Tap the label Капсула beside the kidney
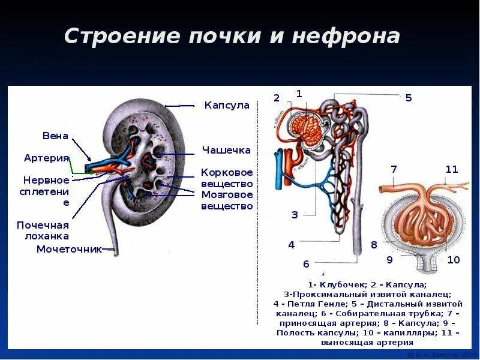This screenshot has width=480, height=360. (x=227, y=106)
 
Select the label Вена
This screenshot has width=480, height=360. (x=55, y=136)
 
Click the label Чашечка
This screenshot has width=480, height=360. (x=226, y=150)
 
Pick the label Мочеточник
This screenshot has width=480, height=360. (x=69, y=249)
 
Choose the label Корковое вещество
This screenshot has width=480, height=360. (x=227, y=178)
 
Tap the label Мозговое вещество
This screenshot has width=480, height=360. (x=227, y=200)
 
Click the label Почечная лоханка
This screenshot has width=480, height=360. (x=43, y=230)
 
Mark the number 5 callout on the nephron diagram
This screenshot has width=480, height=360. (x=409, y=98)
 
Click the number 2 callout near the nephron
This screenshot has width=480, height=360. (x=277, y=98)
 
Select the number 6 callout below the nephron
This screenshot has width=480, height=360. (x=306, y=264)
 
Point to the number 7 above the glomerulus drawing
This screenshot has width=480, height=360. (x=394, y=169)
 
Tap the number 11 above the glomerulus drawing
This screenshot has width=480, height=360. (x=452, y=169)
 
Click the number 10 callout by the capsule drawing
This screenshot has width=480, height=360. (x=454, y=260)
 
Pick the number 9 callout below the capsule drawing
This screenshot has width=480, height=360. (x=389, y=260)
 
